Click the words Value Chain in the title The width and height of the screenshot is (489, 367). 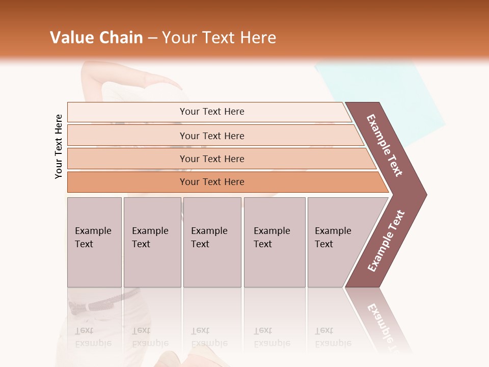[x=96, y=38]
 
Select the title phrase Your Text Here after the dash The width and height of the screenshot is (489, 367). [x=219, y=38]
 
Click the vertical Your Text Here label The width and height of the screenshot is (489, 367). [x=59, y=146]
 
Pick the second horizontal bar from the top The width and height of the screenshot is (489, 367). [x=212, y=136]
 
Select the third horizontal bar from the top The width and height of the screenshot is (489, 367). [x=212, y=159]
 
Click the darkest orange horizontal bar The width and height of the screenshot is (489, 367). [x=212, y=182]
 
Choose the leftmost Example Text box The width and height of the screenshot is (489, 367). [x=94, y=242]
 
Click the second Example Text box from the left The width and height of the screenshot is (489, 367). [x=152, y=242]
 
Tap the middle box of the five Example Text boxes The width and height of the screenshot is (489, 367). [x=212, y=242]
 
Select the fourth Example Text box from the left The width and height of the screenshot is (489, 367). [x=275, y=242]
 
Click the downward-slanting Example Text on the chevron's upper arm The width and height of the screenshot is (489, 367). [x=385, y=145]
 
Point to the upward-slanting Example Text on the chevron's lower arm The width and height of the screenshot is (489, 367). [x=386, y=241]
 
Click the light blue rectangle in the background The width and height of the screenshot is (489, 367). [x=387, y=92]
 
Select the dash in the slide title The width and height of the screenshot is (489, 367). [x=152, y=38]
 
